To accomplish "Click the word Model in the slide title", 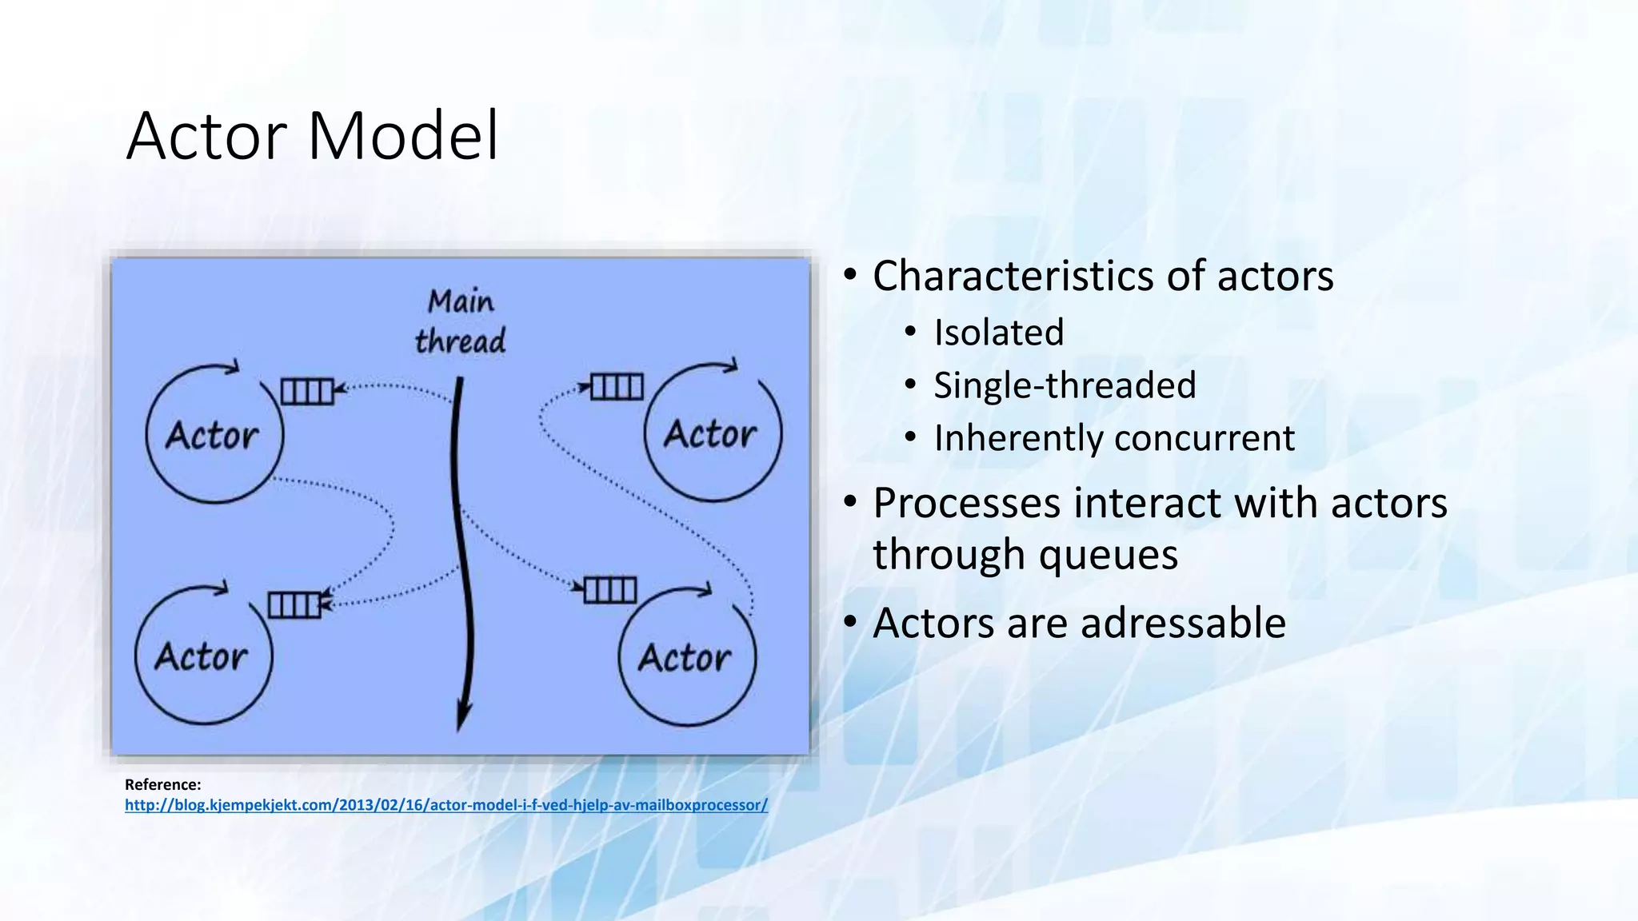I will [x=403, y=136].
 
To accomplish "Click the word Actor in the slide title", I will [x=206, y=136].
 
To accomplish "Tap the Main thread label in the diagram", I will [x=461, y=321].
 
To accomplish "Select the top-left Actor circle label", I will [x=212, y=437].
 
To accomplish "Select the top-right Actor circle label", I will [x=710, y=434].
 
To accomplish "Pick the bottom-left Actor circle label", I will [x=202, y=657].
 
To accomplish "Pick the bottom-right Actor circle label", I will [x=685, y=658].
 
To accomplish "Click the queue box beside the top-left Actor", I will [x=307, y=392].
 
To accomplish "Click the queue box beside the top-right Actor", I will [x=617, y=387].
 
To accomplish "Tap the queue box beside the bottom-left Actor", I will [x=294, y=605].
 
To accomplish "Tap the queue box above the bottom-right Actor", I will [x=610, y=590].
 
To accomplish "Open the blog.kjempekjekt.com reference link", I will [x=445, y=805].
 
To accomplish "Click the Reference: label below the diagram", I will [x=163, y=784].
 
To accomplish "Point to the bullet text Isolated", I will [x=999, y=333].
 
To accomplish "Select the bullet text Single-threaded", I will [x=1065, y=385].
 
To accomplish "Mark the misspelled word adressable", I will [x=1183, y=623].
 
